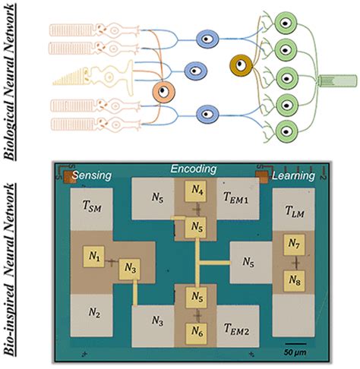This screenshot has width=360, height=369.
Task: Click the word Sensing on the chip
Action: pos(92,175)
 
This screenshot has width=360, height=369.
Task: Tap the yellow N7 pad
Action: pos(294,244)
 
